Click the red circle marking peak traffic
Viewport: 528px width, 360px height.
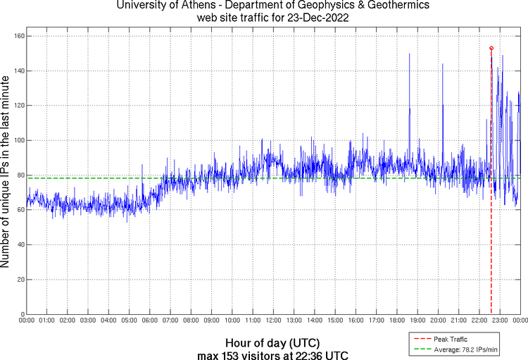(x=491, y=48)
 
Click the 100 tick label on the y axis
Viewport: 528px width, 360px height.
(x=18, y=140)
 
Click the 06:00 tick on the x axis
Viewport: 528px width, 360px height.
(x=150, y=320)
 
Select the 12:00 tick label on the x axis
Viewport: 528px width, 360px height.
(x=273, y=320)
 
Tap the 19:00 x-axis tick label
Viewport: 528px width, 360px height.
(x=417, y=320)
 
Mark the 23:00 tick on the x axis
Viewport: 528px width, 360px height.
(x=500, y=320)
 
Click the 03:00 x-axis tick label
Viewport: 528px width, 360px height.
(x=88, y=320)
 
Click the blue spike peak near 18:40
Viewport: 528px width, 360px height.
(x=409, y=54)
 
